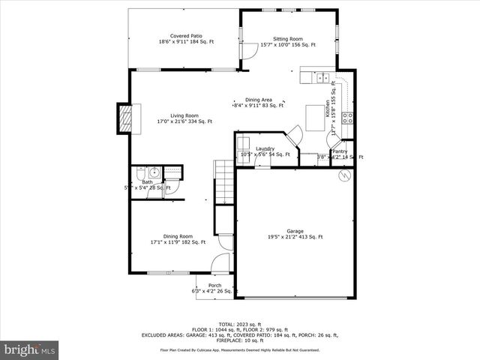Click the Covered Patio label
(x=186, y=36)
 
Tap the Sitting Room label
(x=287, y=38)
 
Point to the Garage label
(x=295, y=232)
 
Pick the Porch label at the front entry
(x=214, y=286)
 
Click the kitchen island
(x=315, y=117)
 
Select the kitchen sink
(x=322, y=77)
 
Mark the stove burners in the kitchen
(x=348, y=116)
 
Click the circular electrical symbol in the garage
(x=344, y=175)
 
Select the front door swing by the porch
(x=220, y=263)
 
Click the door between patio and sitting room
(x=244, y=50)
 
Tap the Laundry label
(x=265, y=148)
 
